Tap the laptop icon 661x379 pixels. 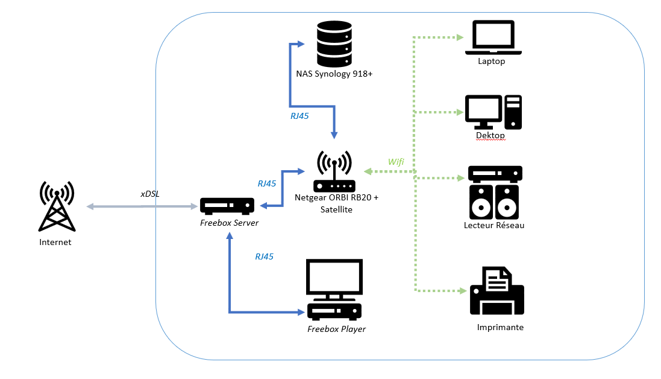coord(493,37)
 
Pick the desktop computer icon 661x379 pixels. coord(493,112)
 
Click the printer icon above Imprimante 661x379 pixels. coord(497,292)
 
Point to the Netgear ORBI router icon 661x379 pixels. coord(334,171)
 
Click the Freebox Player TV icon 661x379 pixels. coord(334,290)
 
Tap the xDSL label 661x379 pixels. coord(149,193)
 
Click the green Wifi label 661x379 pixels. coord(396,161)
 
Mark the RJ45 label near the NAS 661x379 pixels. coord(299,116)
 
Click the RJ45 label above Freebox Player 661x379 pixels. coord(264,256)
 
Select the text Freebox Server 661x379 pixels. coord(229,223)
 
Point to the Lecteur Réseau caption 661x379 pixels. coord(494,225)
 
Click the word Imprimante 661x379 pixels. coord(500,328)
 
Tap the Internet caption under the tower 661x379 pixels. coord(55,242)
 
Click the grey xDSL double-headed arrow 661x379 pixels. coord(143,207)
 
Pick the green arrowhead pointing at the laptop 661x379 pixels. coord(460,37)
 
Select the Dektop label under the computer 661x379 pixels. coord(490,136)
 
